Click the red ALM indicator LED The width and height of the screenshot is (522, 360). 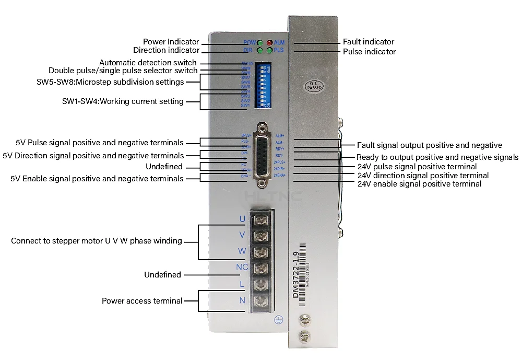pos(270,43)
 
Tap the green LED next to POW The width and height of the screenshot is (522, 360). pos(259,43)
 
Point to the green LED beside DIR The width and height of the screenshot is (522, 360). pos(259,51)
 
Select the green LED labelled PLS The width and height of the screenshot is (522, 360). pos(270,51)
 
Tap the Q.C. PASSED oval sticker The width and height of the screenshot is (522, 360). pos(315,86)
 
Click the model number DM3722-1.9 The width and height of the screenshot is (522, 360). pos(295,275)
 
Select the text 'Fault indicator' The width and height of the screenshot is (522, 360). pos(368,42)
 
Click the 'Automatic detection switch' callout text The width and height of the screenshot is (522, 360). pos(148,63)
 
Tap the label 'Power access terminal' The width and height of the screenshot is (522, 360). pos(142,301)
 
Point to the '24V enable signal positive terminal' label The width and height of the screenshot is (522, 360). pos(419,184)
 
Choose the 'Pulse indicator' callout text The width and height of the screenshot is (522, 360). pos(369,52)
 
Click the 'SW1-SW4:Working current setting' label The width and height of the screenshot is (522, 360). pos(123,101)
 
